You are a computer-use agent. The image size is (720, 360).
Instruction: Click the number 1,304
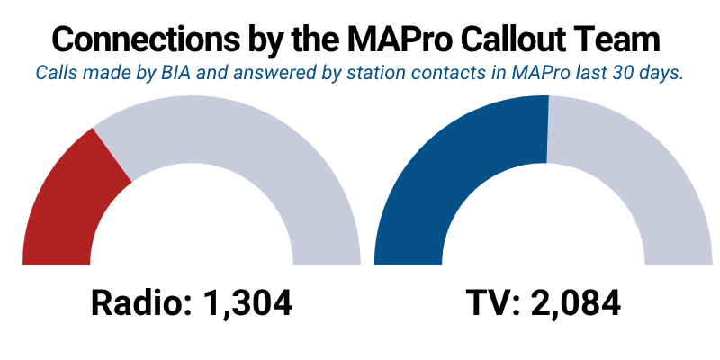coord(247,303)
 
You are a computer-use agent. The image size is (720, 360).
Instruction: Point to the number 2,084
coord(576,303)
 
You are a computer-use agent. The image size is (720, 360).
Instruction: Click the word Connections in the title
coord(147,40)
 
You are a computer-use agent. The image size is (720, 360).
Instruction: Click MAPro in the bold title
coord(400,40)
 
